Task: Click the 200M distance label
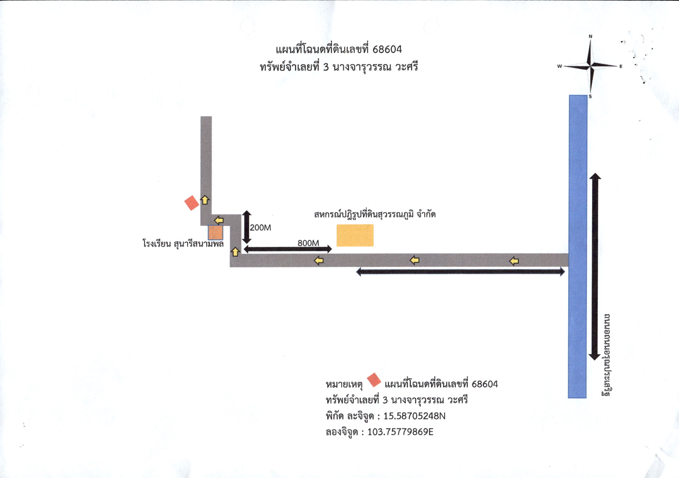coord(260,227)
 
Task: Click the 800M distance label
coord(308,243)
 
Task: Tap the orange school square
coord(215,233)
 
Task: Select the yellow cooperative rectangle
coord(355,235)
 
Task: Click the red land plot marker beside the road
coord(192,203)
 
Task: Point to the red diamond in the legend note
coord(374,380)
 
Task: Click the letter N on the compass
coord(591,36)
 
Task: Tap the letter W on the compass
coord(559,66)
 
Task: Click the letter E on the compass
coord(621,66)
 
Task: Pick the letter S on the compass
coord(590,96)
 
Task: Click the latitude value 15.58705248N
coord(414,416)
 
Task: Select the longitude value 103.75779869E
coord(400,432)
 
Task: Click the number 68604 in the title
coord(387,49)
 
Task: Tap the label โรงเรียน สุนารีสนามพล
coord(183,244)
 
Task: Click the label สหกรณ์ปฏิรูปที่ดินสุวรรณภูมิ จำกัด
coord(375,214)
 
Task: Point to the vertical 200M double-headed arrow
coord(247,227)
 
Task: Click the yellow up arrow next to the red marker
coord(205,200)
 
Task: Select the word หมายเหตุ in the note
coord(344,385)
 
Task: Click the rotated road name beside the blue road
coord(606,355)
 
